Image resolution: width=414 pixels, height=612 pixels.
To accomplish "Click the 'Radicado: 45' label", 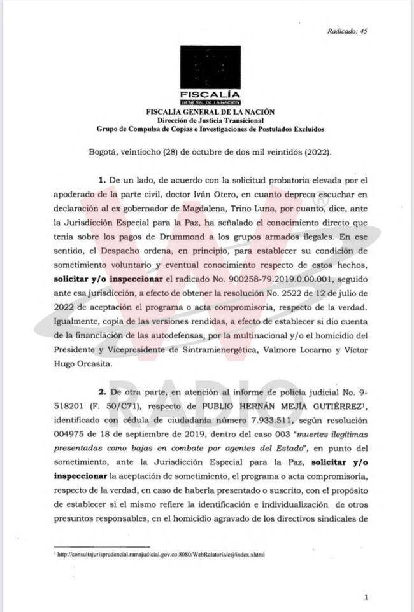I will coord(347,30).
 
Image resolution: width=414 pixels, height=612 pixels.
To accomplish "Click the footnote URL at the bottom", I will coord(159,554).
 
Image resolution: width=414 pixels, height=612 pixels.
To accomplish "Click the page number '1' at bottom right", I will coord(366,597).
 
